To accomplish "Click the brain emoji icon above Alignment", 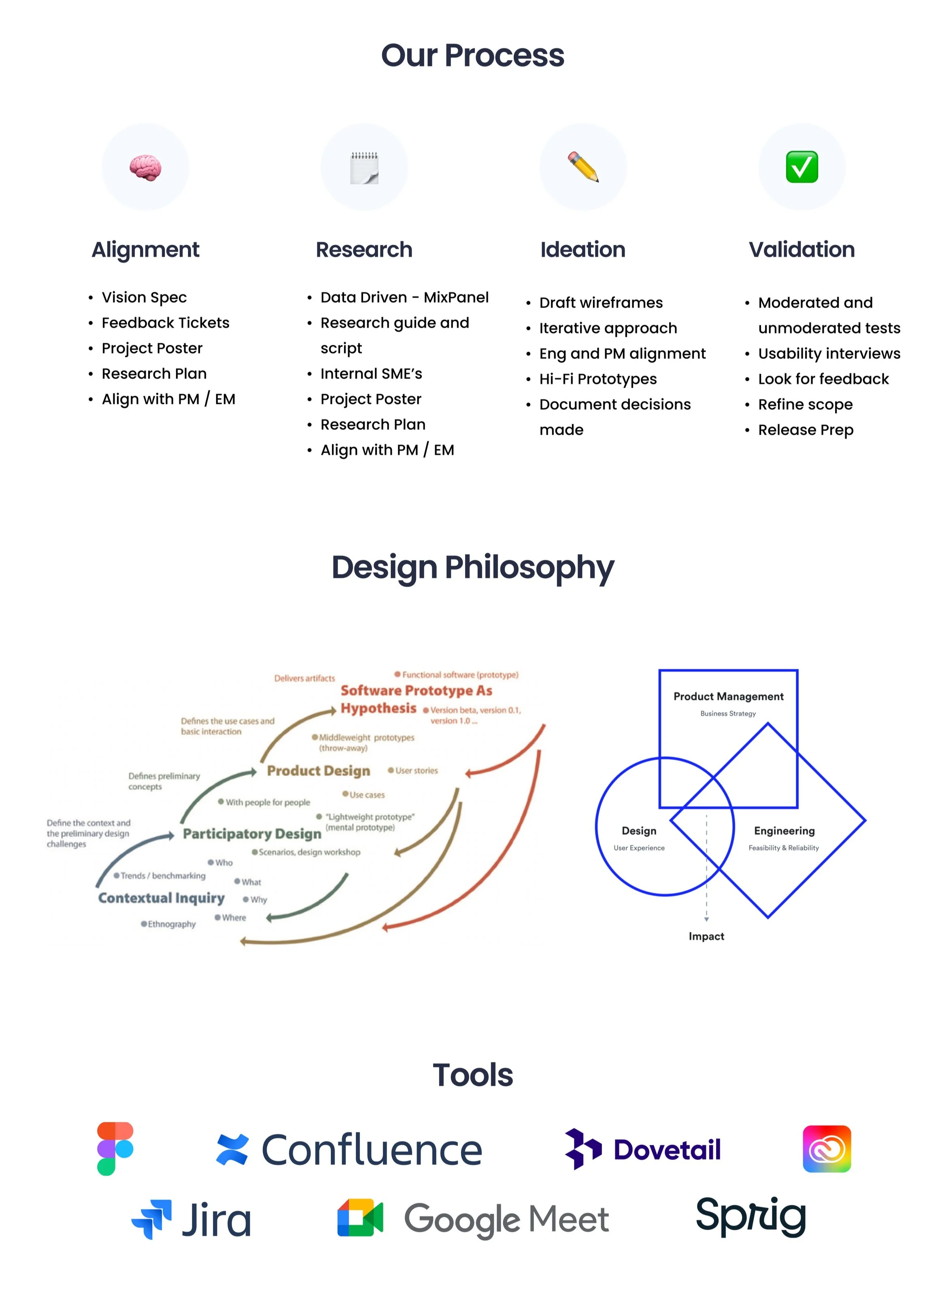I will click(x=145, y=168).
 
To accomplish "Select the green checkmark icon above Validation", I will click(x=801, y=167).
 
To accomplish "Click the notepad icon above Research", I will click(x=364, y=168).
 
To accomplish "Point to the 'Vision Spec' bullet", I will click(x=144, y=297).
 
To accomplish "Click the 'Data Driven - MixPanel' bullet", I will click(x=404, y=297).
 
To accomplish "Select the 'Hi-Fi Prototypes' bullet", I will click(x=598, y=379).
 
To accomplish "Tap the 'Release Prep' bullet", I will click(x=806, y=430).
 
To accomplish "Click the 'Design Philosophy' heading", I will click(x=473, y=567).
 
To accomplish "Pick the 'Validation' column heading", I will click(x=801, y=249).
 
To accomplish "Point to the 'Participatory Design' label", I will click(x=252, y=834).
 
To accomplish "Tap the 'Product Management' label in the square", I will click(x=728, y=696).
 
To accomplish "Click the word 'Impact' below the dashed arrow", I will click(x=706, y=936).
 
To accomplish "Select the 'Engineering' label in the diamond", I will click(x=784, y=831).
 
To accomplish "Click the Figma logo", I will click(x=115, y=1149).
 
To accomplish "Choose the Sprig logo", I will click(x=750, y=1216).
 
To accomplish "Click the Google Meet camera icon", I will click(x=360, y=1218).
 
